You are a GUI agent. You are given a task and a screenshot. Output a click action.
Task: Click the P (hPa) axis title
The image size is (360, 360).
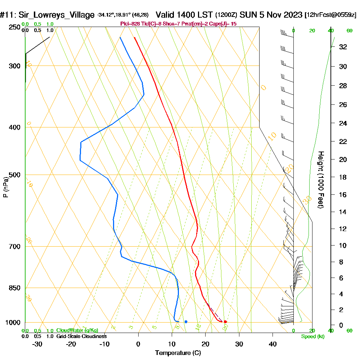point(5,187)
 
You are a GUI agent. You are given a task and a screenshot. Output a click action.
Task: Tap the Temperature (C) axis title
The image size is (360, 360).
point(178,353)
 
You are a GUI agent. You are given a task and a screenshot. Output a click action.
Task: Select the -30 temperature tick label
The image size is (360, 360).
point(37,344)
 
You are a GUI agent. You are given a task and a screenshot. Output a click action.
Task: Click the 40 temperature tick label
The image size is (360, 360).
point(273,344)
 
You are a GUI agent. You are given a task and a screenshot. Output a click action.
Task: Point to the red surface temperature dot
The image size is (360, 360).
point(225,322)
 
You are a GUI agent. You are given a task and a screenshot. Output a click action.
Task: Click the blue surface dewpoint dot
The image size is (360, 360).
point(186,321)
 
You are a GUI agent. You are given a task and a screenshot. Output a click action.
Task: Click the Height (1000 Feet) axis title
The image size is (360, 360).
point(320,180)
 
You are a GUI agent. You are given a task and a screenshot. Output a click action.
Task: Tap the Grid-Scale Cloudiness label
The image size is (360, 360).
point(81,336)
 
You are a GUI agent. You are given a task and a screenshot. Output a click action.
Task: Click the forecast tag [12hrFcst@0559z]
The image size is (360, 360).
point(330,15)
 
